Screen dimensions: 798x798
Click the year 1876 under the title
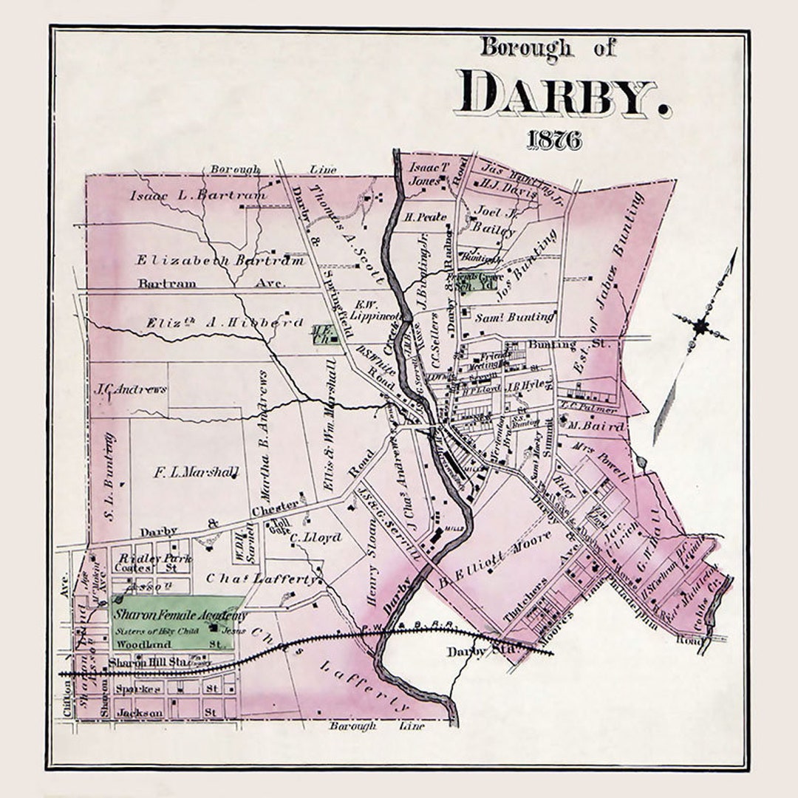pyautogui.click(x=553, y=140)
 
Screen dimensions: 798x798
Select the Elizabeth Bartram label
pyautogui.click(x=219, y=260)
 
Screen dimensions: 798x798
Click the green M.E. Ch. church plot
pyautogui.click(x=324, y=335)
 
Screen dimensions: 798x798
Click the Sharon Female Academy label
pyautogui.click(x=179, y=615)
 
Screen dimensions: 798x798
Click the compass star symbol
pyautogui.click(x=700, y=325)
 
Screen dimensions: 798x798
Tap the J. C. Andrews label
pyautogui.click(x=131, y=389)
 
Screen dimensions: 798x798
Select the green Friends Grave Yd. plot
pyautogui.click(x=480, y=282)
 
